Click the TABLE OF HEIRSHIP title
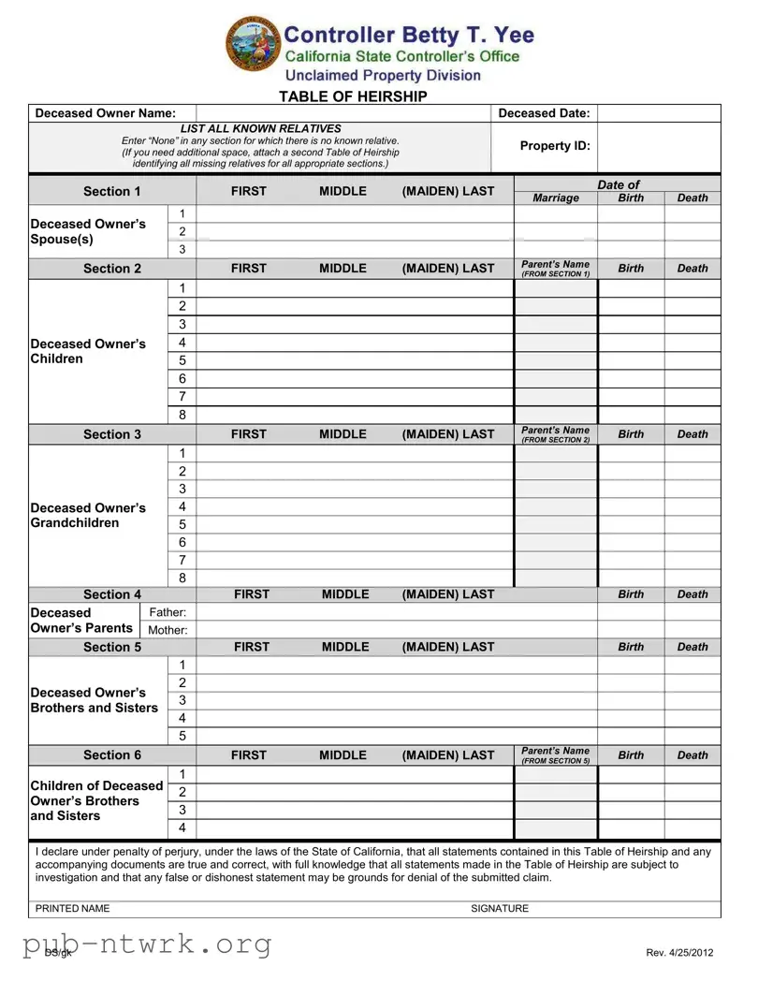(353, 96)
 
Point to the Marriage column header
(556, 198)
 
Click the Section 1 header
(112, 191)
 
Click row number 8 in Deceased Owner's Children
(182, 415)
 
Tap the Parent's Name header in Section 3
(556, 434)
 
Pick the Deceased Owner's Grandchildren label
(88, 515)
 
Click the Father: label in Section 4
(168, 612)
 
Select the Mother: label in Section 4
(168, 630)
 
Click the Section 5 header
(112, 647)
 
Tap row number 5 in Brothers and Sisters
(182, 736)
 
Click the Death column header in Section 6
(692, 755)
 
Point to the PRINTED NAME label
(72, 908)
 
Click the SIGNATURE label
(500, 908)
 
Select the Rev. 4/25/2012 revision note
(679, 952)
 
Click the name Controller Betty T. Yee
(409, 36)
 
